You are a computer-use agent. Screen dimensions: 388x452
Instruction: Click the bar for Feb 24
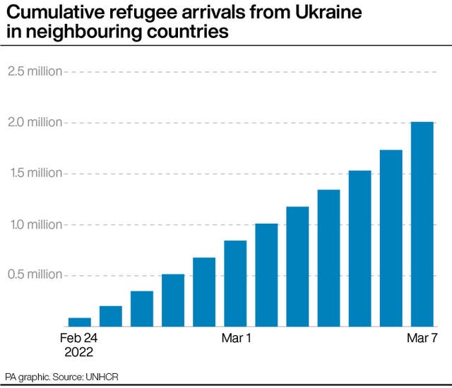(80, 322)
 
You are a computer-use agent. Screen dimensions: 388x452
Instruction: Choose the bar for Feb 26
(142, 309)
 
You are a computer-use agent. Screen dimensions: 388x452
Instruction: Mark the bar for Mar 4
(328, 258)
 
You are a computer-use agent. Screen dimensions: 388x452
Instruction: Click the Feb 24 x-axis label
(80, 338)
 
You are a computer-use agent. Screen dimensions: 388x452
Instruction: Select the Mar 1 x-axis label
(235, 338)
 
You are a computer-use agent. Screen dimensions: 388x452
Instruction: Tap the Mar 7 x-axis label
(422, 338)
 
